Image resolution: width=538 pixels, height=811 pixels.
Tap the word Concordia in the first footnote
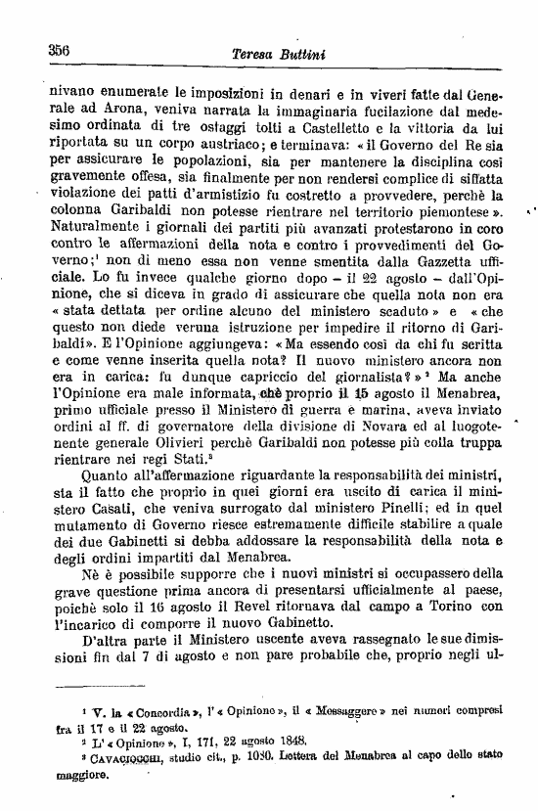click(144, 708)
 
